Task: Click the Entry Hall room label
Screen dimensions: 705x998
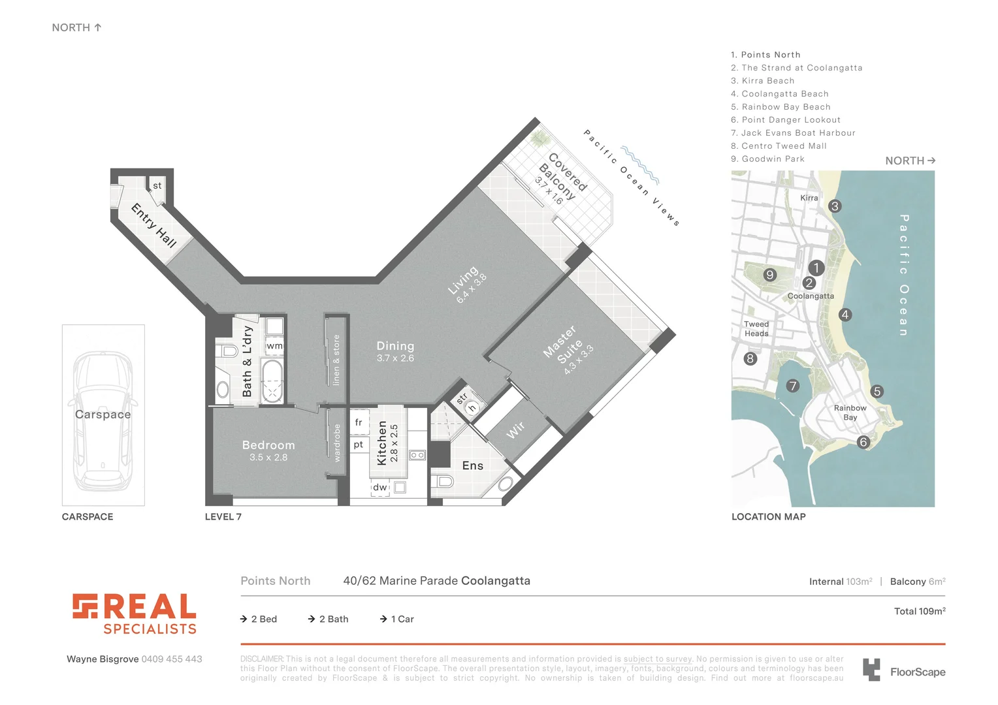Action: tap(154, 225)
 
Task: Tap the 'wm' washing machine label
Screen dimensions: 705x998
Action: tap(275, 346)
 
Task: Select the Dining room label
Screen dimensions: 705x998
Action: tap(395, 346)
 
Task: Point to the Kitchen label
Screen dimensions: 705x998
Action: tap(382, 443)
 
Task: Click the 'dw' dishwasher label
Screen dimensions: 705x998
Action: tap(379, 487)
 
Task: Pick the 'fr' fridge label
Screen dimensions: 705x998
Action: tap(359, 422)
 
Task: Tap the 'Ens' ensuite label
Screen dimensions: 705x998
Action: tap(473, 465)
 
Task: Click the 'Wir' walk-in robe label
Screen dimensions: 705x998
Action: tap(515, 430)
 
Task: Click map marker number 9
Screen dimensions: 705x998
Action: tap(770, 275)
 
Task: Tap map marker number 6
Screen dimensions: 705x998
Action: tap(863, 442)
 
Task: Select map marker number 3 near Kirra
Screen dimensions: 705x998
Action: tap(835, 206)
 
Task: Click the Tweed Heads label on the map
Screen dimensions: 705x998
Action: tap(756, 328)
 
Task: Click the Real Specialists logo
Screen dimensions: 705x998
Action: tap(134, 614)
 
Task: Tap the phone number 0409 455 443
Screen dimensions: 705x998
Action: tap(172, 659)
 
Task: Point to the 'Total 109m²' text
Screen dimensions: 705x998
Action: tap(920, 612)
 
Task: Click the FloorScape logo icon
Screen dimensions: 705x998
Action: tap(871, 670)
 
